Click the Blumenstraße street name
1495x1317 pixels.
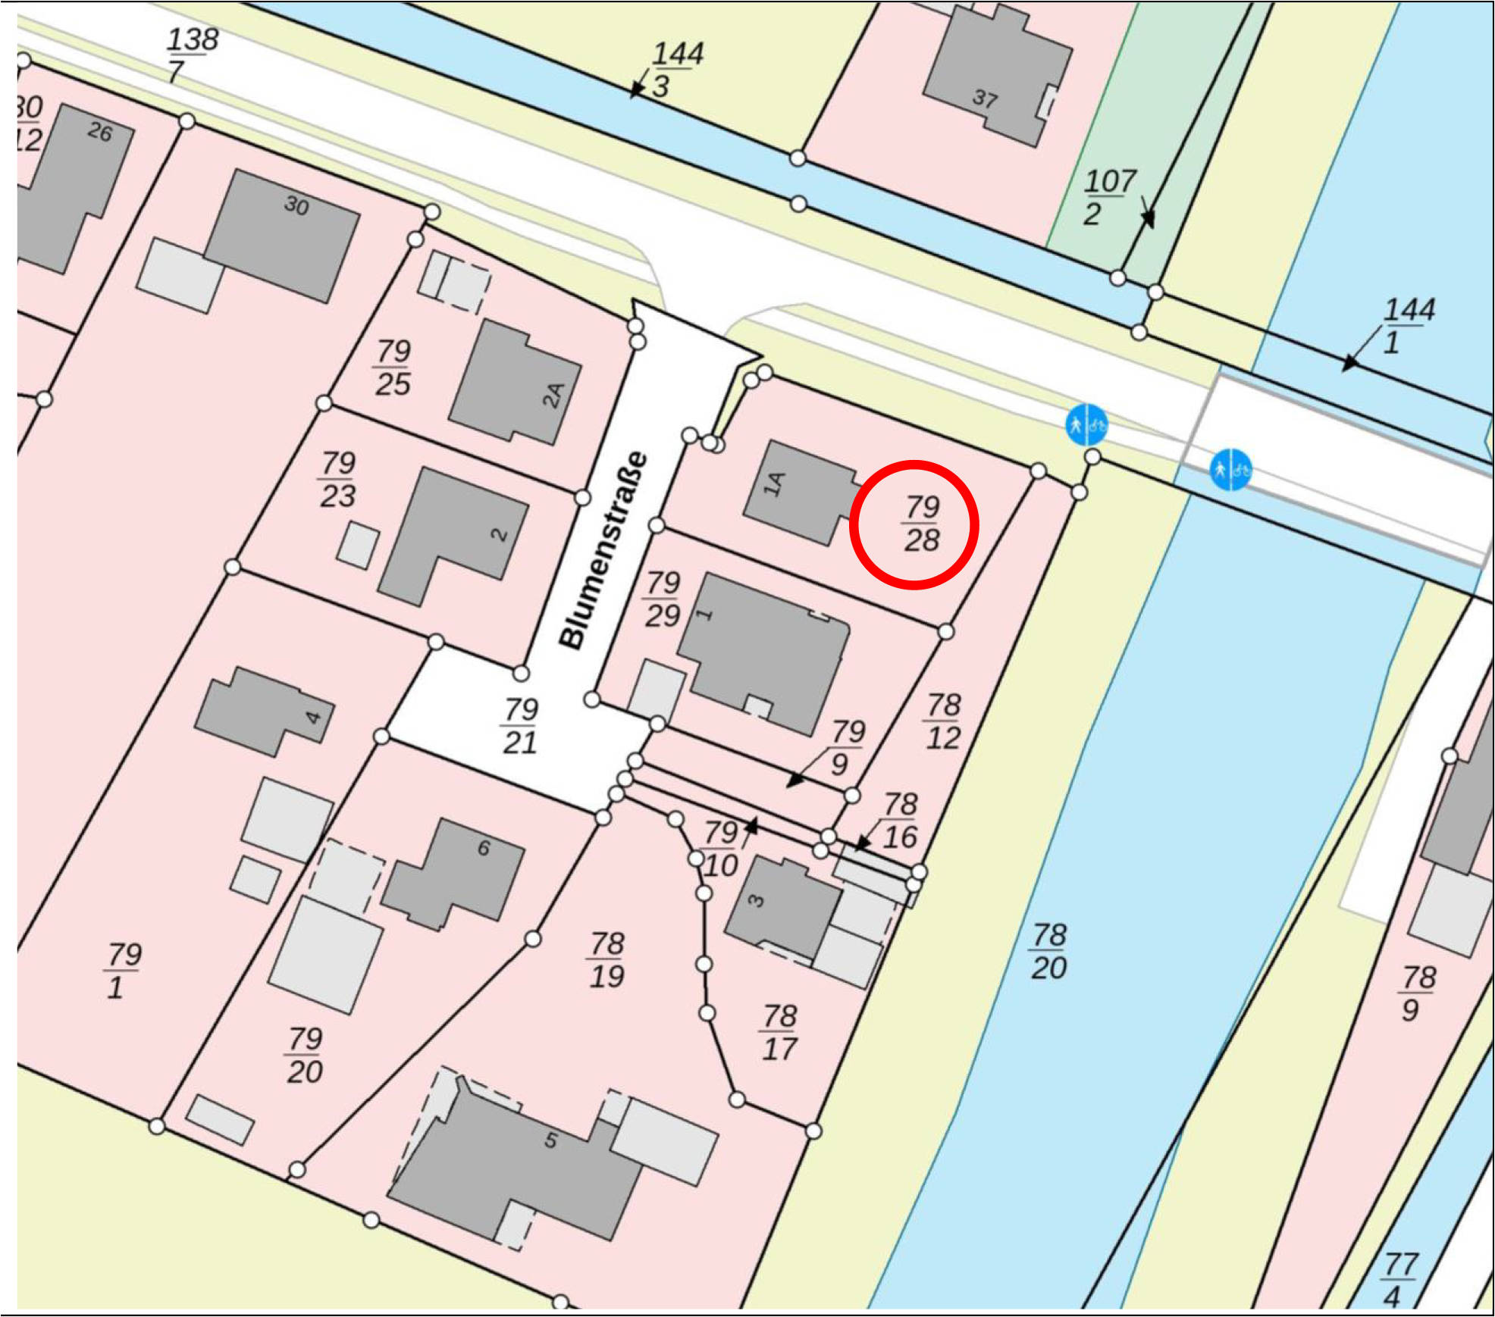click(603, 551)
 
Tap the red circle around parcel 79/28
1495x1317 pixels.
click(914, 524)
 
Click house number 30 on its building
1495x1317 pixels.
click(296, 205)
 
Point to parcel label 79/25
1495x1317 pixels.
click(393, 368)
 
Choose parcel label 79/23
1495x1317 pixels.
click(338, 479)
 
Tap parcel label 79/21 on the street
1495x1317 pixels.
click(521, 726)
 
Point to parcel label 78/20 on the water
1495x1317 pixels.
click(1049, 951)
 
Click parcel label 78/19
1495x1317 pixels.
click(607, 960)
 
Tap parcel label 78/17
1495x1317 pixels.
click(779, 1032)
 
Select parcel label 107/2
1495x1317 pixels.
click(1108, 197)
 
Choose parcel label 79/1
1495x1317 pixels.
click(124, 971)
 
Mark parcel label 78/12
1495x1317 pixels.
click(943, 721)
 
